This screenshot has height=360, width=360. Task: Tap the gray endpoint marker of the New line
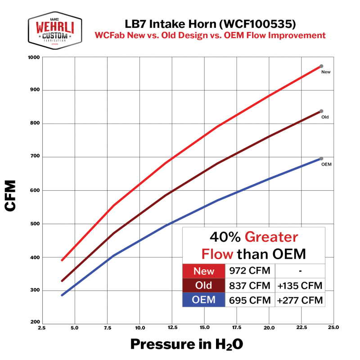click(x=321, y=66)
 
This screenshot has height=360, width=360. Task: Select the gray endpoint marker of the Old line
click(x=321, y=111)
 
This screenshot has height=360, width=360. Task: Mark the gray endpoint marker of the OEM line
click(x=321, y=158)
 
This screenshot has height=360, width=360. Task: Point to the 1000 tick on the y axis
click(x=34, y=57)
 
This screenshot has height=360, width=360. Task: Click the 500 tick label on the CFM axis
click(x=36, y=224)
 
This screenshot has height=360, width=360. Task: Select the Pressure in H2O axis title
click(x=186, y=344)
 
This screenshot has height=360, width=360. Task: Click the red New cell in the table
click(x=204, y=271)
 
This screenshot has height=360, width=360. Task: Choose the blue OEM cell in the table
click(x=204, y=300)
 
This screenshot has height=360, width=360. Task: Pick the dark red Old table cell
click(x=204, y=286)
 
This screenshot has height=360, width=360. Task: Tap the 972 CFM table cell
click(x=250, y=271)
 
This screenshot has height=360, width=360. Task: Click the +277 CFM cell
click(x=300, y=300)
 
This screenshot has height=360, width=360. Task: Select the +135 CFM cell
click(x=300, y=286)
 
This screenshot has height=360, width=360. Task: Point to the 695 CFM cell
click(x=250, y=300)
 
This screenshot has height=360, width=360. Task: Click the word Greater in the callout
click(x=273, y=237)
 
